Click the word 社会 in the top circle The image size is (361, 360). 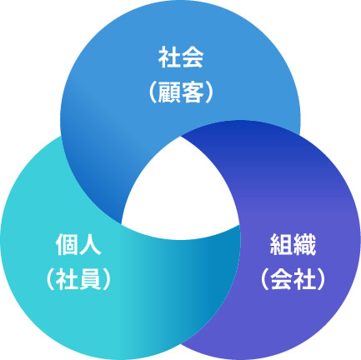click(x=181, y=57)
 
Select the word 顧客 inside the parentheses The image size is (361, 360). click(x=181, y=92)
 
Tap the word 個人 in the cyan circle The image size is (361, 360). click(x=78, y=244)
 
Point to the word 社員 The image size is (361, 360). click(x=78, y=279)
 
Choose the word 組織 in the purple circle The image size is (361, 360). click(x=293, y=244)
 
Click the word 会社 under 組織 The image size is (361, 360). click(x=293, y=279)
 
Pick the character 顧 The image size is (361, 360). click(x=169, y=92)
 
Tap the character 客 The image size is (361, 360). click(x=193, y=92)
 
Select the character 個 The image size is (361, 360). click(x=67, y=244)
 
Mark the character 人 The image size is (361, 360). click(x=90, y=244)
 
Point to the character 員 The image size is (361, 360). click(x=90, y=279)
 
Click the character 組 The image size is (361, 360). click(x=282, y=244)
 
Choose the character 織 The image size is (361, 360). click(x=304, y=244)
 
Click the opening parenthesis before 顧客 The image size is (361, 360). click(x=153, y=92)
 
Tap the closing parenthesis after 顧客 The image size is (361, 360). click(x=209, y=92)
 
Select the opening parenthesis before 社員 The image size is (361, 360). click(x=50, y=279)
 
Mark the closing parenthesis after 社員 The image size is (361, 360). click(x=107, y=279)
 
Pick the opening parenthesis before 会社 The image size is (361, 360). click(x=265, y=279)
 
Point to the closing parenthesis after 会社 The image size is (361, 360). click(x=321, y=279)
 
